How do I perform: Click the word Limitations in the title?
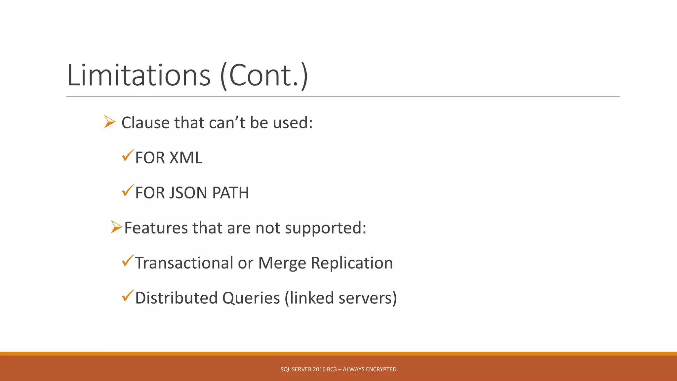tap(139, 75)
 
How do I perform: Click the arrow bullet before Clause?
tap(109, 122)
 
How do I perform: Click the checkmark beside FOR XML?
tap(128, 155)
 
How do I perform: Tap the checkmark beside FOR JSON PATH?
tap(128, 190)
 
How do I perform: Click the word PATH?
tap(230, 193)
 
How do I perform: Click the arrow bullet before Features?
tap(116, 227)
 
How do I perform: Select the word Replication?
tap(352, 263)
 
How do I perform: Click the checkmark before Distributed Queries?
tap(128, 295)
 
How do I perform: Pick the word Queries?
tap(251, 298)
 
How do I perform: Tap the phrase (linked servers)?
tap(340, 298)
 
